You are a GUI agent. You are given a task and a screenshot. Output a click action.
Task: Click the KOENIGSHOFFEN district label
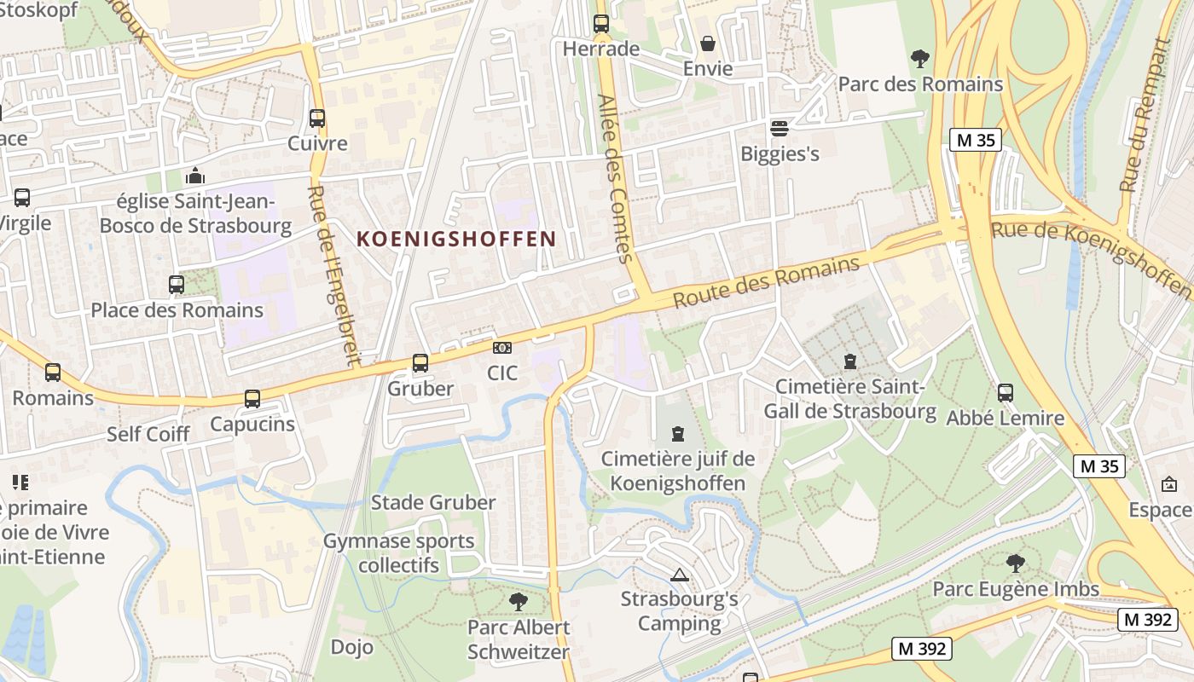pos(456,239)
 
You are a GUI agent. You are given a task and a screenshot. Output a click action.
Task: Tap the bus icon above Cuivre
pos(317,118)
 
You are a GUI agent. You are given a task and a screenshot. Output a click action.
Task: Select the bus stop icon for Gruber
pos(420,363)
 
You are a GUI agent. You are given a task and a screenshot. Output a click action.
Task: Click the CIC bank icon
pos(502,348)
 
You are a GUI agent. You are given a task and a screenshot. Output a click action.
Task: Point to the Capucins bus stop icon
pos(252,399)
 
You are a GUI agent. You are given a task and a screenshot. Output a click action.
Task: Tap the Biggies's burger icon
pos(779,129)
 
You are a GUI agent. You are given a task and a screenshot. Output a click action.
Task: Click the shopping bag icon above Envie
pos(708,43)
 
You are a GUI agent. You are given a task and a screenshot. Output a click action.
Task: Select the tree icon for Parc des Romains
pos(920,59)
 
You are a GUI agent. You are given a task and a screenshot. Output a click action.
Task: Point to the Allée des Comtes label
pos(616,177)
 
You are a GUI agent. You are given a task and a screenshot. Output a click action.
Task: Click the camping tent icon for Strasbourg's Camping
pos(680,575)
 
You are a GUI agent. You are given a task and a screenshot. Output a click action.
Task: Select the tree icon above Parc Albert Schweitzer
pos(518,602)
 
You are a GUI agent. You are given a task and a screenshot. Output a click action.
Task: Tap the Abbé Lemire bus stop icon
pos(1006,393)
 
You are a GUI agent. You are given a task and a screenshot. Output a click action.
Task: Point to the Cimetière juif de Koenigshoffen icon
pos(678,434)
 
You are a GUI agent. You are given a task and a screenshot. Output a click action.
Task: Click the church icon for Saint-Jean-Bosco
pos(195,176)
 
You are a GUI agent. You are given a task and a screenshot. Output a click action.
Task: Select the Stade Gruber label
pos(433,502)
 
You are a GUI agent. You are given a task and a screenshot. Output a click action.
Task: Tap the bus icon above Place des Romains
pos(177,285)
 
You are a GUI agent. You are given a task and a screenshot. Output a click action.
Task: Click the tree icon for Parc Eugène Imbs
pos(1015,564)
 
